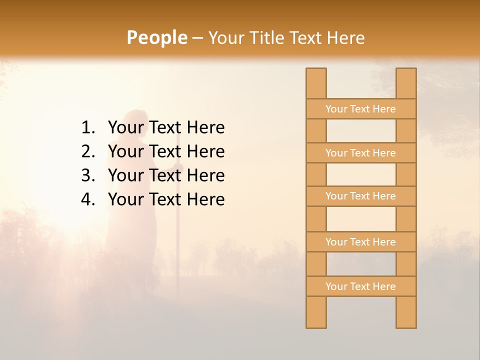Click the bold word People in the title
coord(157,37)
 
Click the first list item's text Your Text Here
coord(166,127)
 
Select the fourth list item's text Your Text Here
coord(166,199)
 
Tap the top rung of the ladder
coord(361,109)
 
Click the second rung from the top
coord(361,153)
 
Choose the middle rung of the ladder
coord(361,196)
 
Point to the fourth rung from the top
coord(361,242)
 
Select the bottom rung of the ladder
coord(361,286)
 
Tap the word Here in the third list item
coord(205,175)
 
